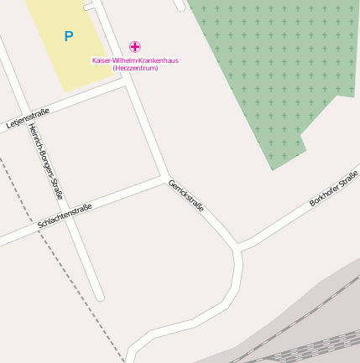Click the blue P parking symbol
click(x=68, y=36)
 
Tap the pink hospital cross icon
click(x=135, y=47)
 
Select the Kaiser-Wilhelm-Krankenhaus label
click(x=135, y=60)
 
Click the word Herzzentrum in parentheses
click(x=135, y=67)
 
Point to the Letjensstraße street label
click(x=28, y=118)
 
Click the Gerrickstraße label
click(x=185, y=195)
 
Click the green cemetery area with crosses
click(x=269, y=67)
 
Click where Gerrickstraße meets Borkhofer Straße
click(x=238, y=246)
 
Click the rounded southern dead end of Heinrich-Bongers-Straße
click(x=99, y=295)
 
